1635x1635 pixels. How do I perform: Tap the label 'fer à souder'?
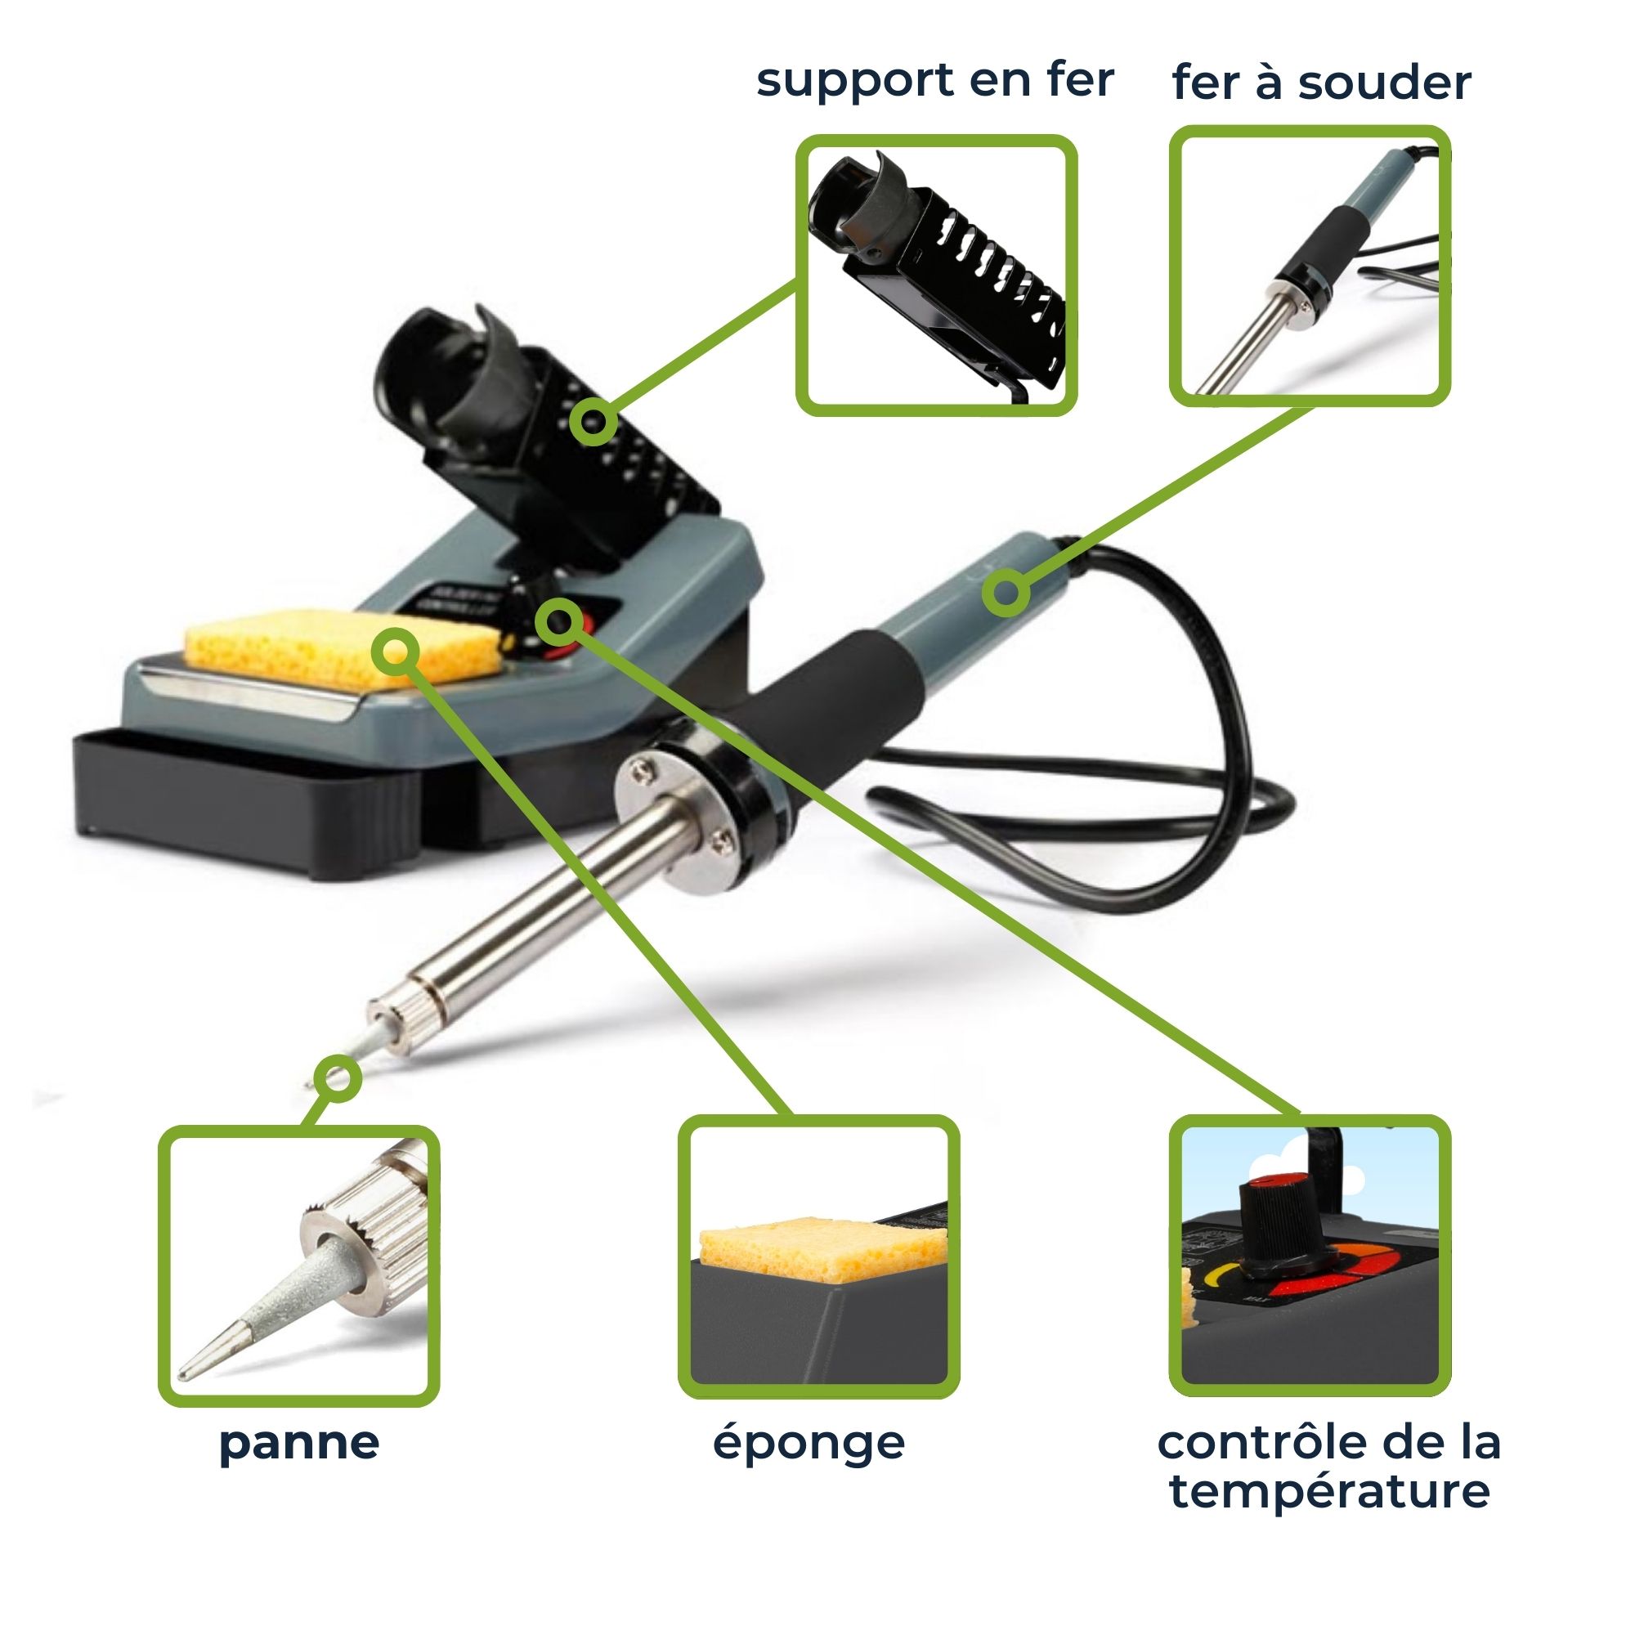point(1321,83)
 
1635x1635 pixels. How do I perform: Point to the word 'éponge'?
point(809,1444)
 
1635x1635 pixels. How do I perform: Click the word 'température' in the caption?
point(1329,1491)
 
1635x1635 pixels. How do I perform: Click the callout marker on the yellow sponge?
point(395,652)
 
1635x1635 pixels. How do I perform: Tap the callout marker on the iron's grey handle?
point(1006,593)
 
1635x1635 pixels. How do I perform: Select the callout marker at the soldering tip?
point(338,1078)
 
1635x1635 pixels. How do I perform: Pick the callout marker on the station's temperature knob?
point(558,623)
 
